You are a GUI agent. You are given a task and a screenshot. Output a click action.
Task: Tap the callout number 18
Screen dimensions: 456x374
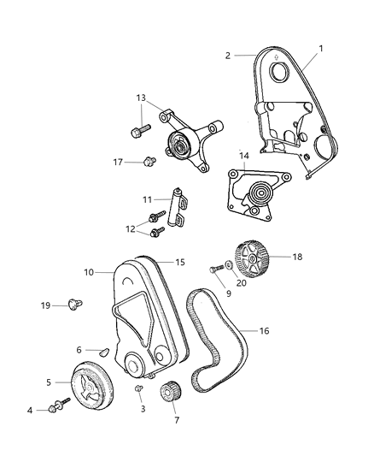(297, 256)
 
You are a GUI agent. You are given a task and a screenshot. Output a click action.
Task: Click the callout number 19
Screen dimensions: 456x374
(44, 305)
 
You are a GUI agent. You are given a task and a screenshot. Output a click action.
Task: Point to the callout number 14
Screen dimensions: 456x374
(243, 157)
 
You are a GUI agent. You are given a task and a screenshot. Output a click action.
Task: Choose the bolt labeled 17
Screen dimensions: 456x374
(150, 160)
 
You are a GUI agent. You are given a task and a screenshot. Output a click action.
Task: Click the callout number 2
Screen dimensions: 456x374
(228, 55)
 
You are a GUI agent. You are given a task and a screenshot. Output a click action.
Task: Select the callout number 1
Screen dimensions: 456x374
(322, 49)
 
